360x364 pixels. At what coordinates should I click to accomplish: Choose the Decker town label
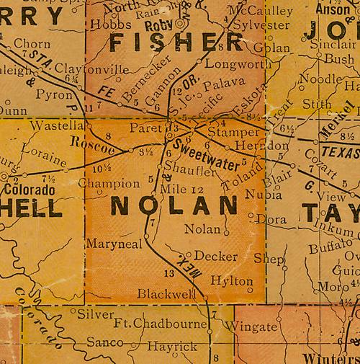tap(215, 256)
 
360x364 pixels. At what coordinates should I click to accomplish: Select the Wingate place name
tap(256, 327)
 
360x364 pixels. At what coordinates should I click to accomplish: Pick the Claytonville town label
tap(96, 70)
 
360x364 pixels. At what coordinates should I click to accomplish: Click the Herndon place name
tap(257, 144)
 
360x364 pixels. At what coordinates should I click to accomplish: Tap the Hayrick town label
tap(172, 347)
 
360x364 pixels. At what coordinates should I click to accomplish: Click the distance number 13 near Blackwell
tap(169, 273)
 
